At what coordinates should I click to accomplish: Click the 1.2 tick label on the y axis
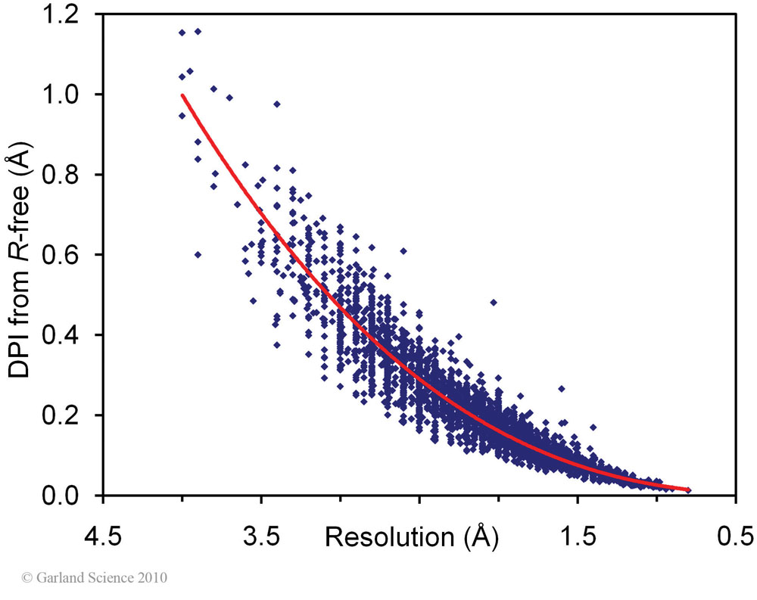point(60,16)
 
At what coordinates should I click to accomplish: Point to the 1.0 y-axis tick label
point(60,95)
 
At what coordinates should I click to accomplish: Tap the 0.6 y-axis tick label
point(60,255)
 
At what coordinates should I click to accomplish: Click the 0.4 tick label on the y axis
point(60,335)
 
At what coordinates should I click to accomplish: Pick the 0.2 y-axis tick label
point(60,415)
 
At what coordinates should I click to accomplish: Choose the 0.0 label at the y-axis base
point(60,496)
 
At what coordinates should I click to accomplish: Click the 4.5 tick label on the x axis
point(103,536)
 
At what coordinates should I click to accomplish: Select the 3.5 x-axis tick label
point(261,536)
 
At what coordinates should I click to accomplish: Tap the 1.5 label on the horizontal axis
point(578,536)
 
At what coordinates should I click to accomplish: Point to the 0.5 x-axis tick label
point(735,536)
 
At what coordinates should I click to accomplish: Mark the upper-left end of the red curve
point(182,95)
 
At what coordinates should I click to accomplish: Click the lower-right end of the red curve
point(688,490)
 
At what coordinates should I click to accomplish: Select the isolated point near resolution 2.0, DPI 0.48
point(494,302)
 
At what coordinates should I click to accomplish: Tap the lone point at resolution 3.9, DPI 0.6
point(198,254)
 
